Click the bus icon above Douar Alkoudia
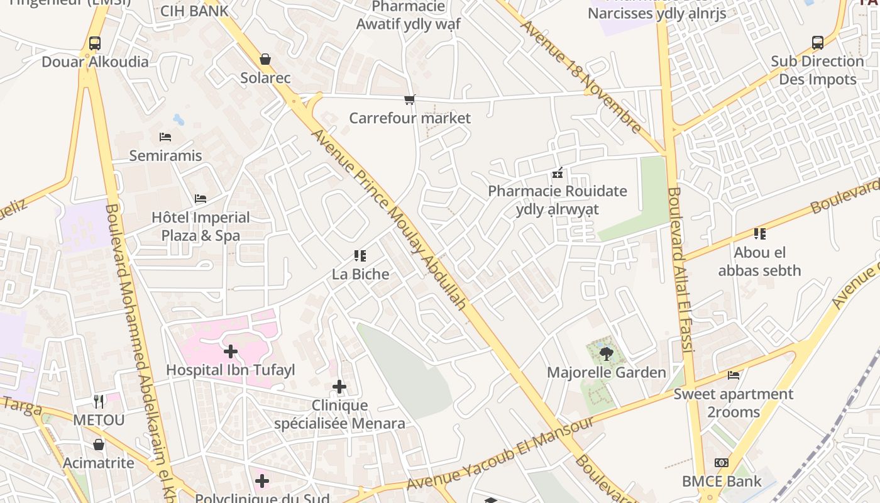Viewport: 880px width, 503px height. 95,43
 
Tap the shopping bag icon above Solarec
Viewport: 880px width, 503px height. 265,60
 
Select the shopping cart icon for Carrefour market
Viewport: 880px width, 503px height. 410,99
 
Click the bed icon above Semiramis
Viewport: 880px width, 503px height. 165,137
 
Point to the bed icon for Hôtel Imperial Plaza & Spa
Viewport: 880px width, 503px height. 201,199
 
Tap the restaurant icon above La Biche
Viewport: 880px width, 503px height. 360,256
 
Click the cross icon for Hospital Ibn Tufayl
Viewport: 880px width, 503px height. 231,351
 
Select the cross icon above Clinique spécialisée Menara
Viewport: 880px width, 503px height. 339,387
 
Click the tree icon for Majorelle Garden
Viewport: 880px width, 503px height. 606,354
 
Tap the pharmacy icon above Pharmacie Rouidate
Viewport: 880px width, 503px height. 558,172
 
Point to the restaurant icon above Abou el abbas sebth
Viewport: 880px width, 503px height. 760,234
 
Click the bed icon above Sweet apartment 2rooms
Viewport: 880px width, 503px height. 734,375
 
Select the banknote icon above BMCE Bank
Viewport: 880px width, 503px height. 722,463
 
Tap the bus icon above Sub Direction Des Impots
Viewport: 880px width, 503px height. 817,43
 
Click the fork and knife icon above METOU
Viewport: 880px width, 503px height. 99,401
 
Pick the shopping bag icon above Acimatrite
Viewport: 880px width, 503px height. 99,445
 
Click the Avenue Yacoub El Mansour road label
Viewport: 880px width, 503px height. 500,453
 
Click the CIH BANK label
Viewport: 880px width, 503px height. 194,11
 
